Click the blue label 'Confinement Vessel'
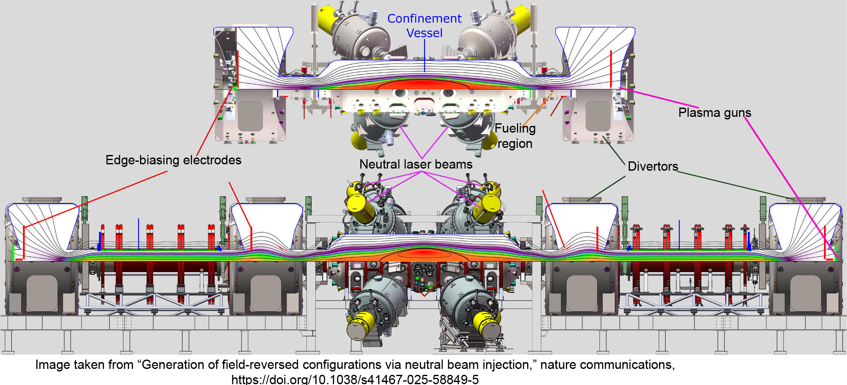(424, 25)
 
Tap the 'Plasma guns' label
(715, 113)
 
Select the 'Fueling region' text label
(515, 136)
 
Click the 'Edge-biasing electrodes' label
(173, 160)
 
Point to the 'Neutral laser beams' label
(416, 164)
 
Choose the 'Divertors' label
(653, 166)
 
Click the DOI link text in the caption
(355, 379)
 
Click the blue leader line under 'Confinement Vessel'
(425, 55)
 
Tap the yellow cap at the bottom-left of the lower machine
(360, 326)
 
